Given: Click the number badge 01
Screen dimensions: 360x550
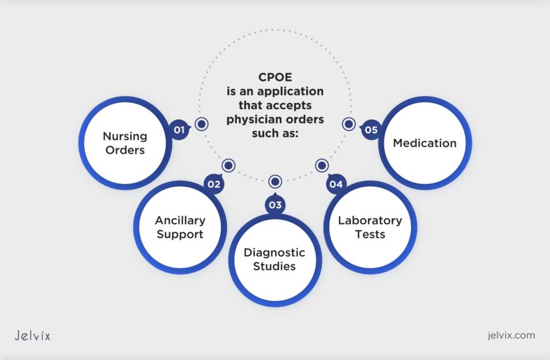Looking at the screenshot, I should (x=179, y=130).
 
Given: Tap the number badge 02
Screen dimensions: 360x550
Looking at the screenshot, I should (x=214, y=184).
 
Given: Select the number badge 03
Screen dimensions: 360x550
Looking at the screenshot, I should (x=275, y=204).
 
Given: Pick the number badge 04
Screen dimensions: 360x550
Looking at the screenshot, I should (x=336, y=184).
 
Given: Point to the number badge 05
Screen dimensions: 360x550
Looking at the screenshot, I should (x=371, y=130).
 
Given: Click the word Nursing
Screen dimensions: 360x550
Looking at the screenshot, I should (x=125, y=136).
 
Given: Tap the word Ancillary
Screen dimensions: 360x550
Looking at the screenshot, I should (x=180, y=220).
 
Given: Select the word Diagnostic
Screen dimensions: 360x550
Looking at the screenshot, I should (x=274, y=252).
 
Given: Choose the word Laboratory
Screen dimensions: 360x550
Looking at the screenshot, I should (x=370, y=220).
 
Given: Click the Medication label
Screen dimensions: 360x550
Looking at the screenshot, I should (x=425, y=143).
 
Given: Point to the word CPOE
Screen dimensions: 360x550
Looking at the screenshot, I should (x=275, y=78).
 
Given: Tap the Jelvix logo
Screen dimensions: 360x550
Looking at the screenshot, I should (x=32, y=336).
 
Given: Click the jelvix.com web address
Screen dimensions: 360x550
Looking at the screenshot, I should (x=503, y=335).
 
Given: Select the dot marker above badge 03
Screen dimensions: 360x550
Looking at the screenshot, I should (x=275, y=182).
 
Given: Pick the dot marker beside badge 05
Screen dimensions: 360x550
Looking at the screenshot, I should (x=348, y=124).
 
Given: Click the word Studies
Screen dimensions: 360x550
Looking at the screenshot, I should (x=274, y=266).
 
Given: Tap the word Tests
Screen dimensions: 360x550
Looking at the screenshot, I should (x=370, y=234).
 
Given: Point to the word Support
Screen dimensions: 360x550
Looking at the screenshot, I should (x=180, y=234).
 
